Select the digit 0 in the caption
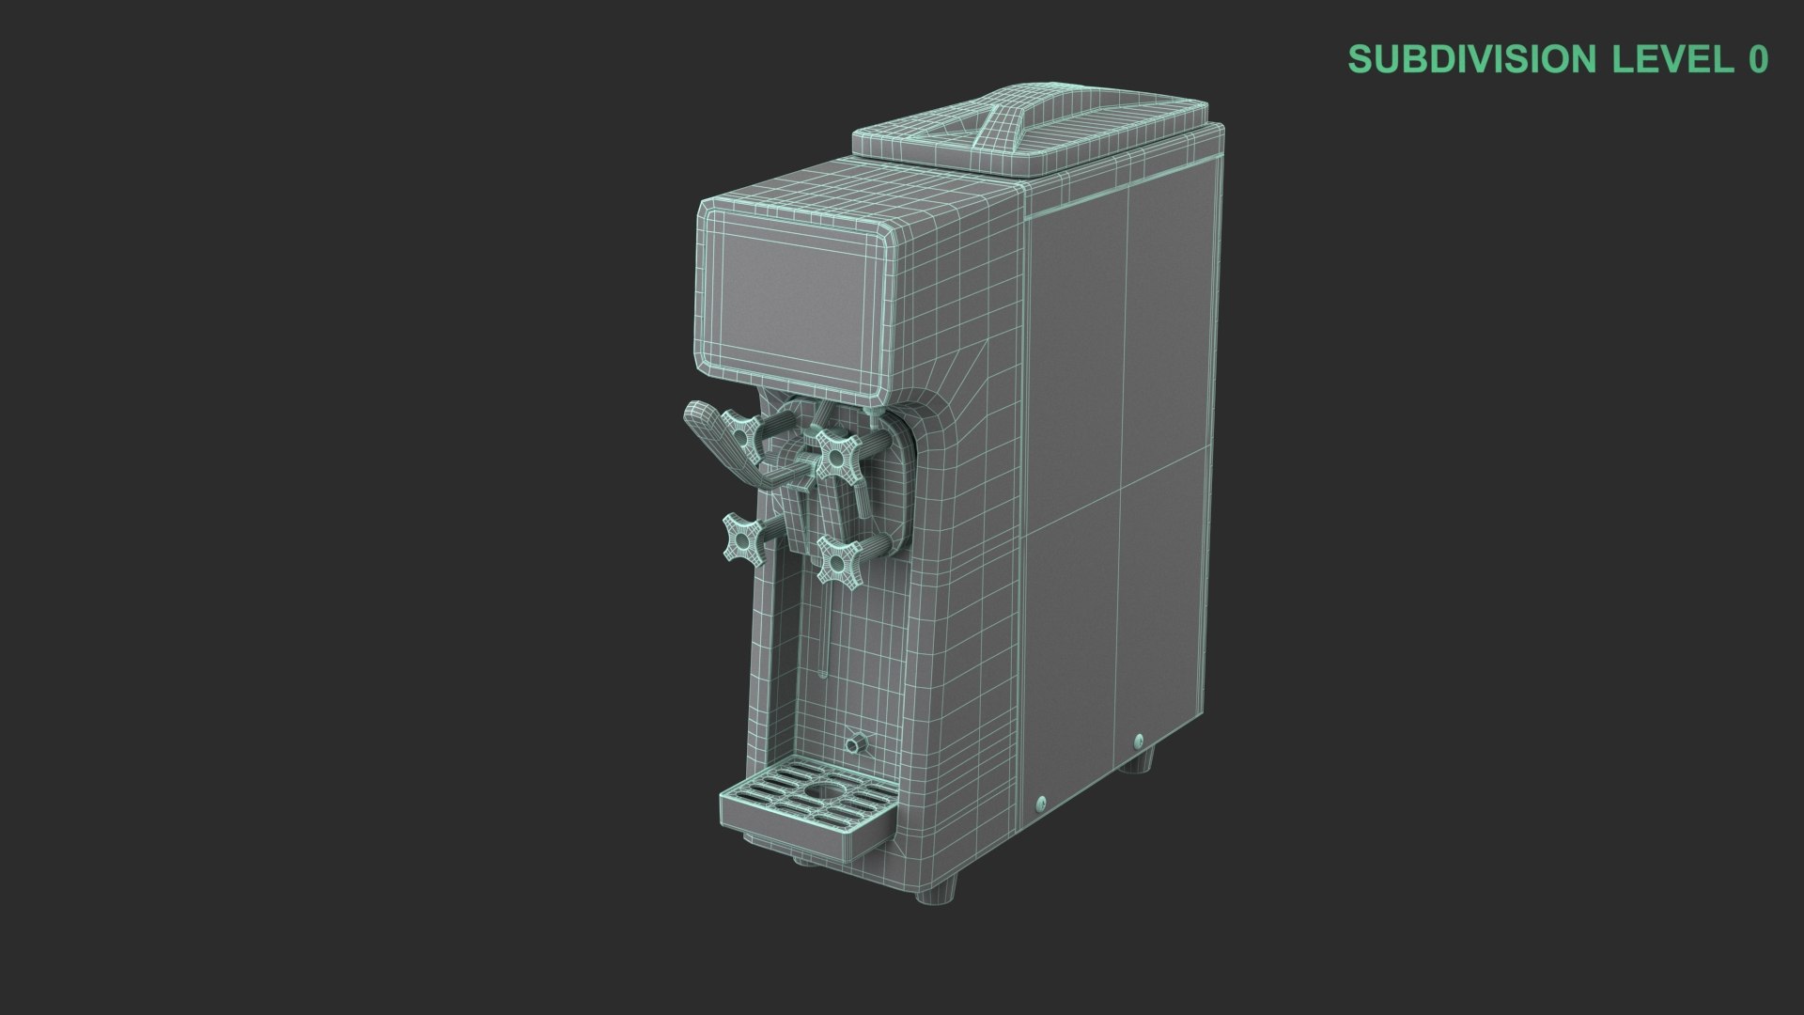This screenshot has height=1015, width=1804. click(1758, 59)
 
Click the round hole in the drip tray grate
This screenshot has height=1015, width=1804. click(826, 792)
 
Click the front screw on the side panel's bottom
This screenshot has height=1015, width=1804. click(1040, 804)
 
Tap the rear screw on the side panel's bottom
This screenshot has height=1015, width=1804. click(1140, 742)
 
